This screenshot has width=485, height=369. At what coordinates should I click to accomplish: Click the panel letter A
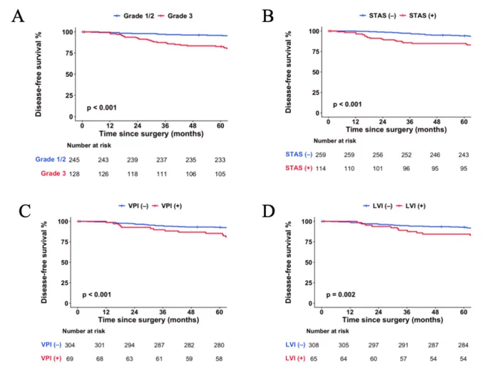[18, 16]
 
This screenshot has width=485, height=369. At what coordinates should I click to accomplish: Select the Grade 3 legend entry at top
[175, 16]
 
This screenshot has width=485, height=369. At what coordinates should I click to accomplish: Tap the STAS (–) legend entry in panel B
[378, 16]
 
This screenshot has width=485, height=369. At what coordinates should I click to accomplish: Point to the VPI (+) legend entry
[168, 206]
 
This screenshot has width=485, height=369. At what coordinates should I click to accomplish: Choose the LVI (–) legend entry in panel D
[378, 206]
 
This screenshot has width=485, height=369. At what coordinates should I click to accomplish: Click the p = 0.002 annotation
[341, 294]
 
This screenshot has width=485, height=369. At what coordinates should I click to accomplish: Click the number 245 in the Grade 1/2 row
[74, 160]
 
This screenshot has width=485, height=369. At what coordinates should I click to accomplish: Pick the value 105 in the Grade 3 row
[220, 174]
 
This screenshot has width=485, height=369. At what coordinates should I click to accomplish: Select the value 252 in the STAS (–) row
[407, 155]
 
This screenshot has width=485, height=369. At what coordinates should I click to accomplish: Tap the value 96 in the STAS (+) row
[406, 168]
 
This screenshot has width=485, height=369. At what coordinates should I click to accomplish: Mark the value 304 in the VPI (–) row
[70, 345]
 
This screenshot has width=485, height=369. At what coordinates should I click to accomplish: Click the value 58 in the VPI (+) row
[219, 359]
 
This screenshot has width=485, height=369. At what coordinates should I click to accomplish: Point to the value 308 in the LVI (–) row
[314, 345]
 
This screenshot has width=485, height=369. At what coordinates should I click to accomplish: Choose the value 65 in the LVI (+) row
[314, 359]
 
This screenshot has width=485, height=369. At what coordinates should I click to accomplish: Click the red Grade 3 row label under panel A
[53, 173]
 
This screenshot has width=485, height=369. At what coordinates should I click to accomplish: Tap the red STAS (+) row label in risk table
[299, 168]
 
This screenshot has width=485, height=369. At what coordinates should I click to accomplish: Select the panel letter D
[268, 212]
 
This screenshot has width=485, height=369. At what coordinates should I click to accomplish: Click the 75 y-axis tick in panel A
[69, 53]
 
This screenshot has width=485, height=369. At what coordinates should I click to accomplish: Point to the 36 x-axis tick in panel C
[163, 312]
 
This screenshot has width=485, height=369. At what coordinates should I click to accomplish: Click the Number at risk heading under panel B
[335, 141]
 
